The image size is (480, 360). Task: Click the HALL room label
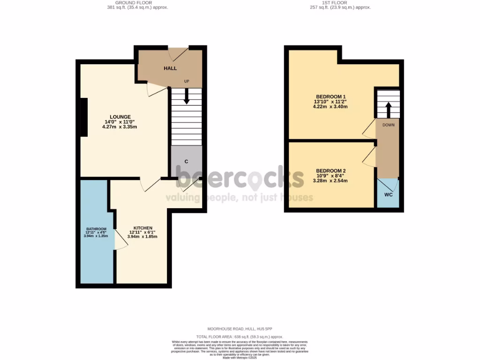[x=170, y=68]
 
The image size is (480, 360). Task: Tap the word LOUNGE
[x=120, y=117]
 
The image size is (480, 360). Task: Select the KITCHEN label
[x=142, y=228]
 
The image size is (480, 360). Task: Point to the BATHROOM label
[x=96, y=229]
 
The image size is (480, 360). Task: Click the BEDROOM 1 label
[x=330, y=96]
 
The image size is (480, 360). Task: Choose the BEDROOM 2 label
[x=330, y=171]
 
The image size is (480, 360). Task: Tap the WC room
[x=388, y=194]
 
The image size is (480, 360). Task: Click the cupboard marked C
[x=186, y=161]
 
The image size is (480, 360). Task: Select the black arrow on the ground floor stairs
[x=186, y=97]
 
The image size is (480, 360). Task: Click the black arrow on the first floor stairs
[x=388, y=110]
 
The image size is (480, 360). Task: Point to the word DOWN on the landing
[x=388, y=125]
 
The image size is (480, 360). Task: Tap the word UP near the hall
[x=186, y=82]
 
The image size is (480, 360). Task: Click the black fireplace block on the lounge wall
[x=83, y=117]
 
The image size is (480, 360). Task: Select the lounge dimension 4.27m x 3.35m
[x=120, y=127]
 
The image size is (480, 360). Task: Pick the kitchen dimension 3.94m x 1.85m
[x=142, y=237]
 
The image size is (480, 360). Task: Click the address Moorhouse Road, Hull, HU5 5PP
[x=240, y=329]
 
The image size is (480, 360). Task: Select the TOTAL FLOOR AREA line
[x=240, y=337]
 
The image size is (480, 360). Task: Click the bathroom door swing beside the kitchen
[x=120, y=241]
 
